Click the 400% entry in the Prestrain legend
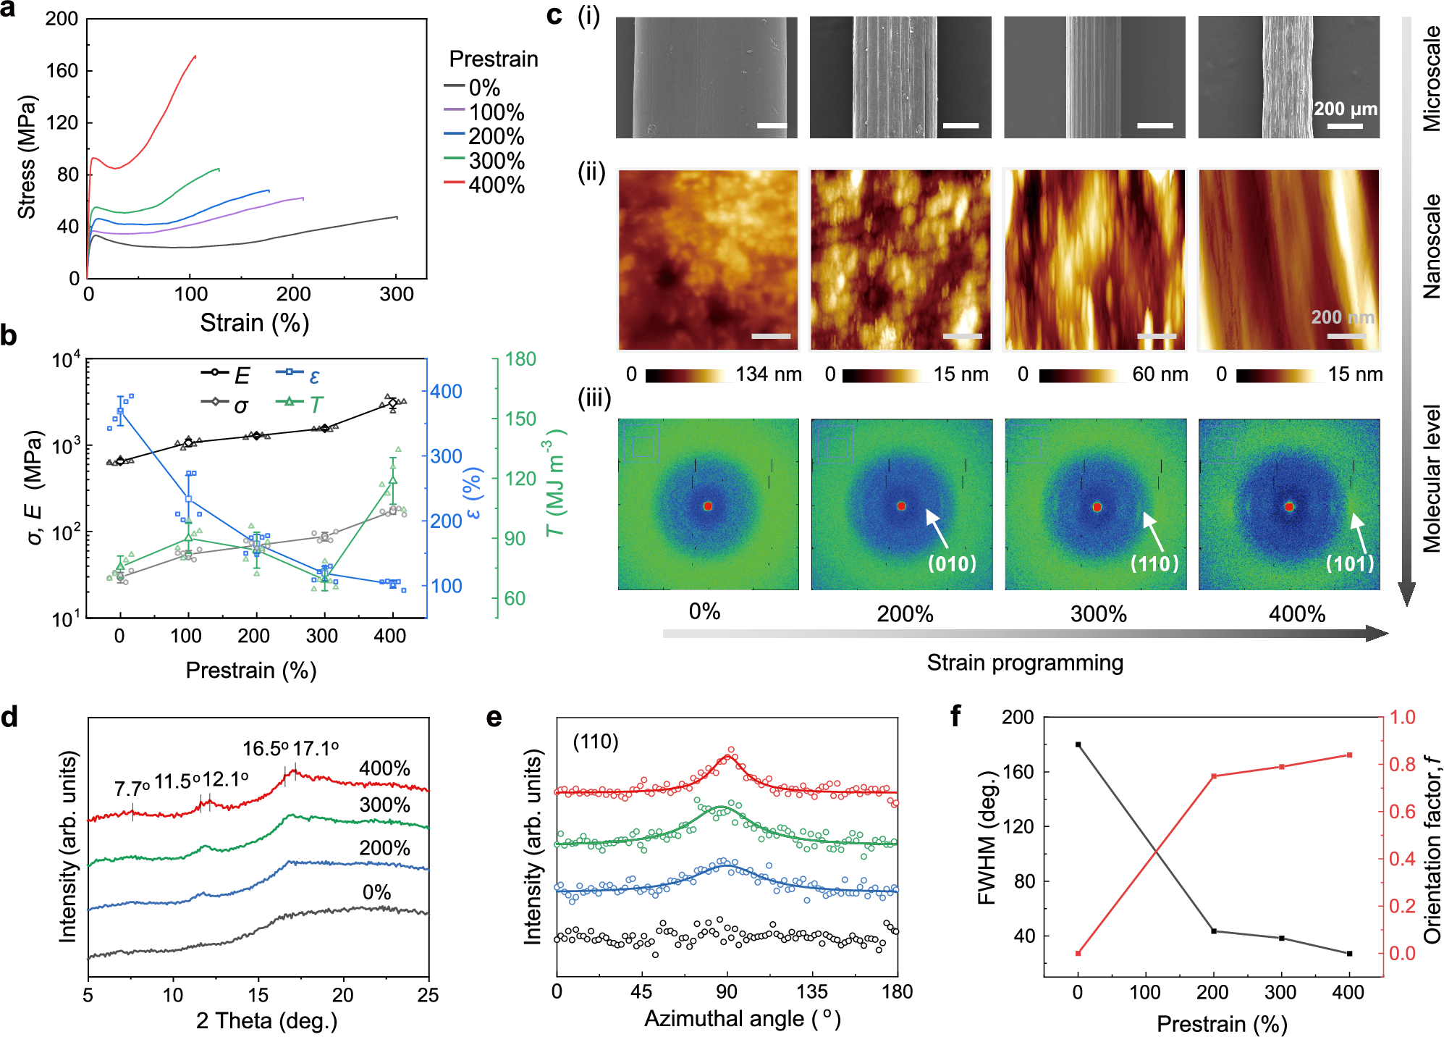tap(496, 185)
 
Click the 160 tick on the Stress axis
tap(62, 71)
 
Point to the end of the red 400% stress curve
tap(195, 56)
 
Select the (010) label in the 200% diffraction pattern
tap(952, 563)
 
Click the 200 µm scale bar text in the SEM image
tap(1346, 109)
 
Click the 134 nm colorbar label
tap(769, 374)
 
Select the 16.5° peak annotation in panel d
tap(265, 749)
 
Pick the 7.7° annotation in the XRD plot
tap(132, 789)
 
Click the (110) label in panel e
tap(596, 742)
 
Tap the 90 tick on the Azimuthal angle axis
tap(727, 992)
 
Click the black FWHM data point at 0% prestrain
tap(1078, 744)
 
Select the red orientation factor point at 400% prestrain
tap(1349, 755)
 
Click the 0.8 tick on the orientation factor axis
tap(1402, 765)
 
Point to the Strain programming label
tap(1025, 663)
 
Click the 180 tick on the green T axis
tap(520, 359)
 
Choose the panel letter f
tap(955, 717)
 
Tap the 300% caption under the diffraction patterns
tap(1098, 614)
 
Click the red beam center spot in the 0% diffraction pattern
tap(708, 506)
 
